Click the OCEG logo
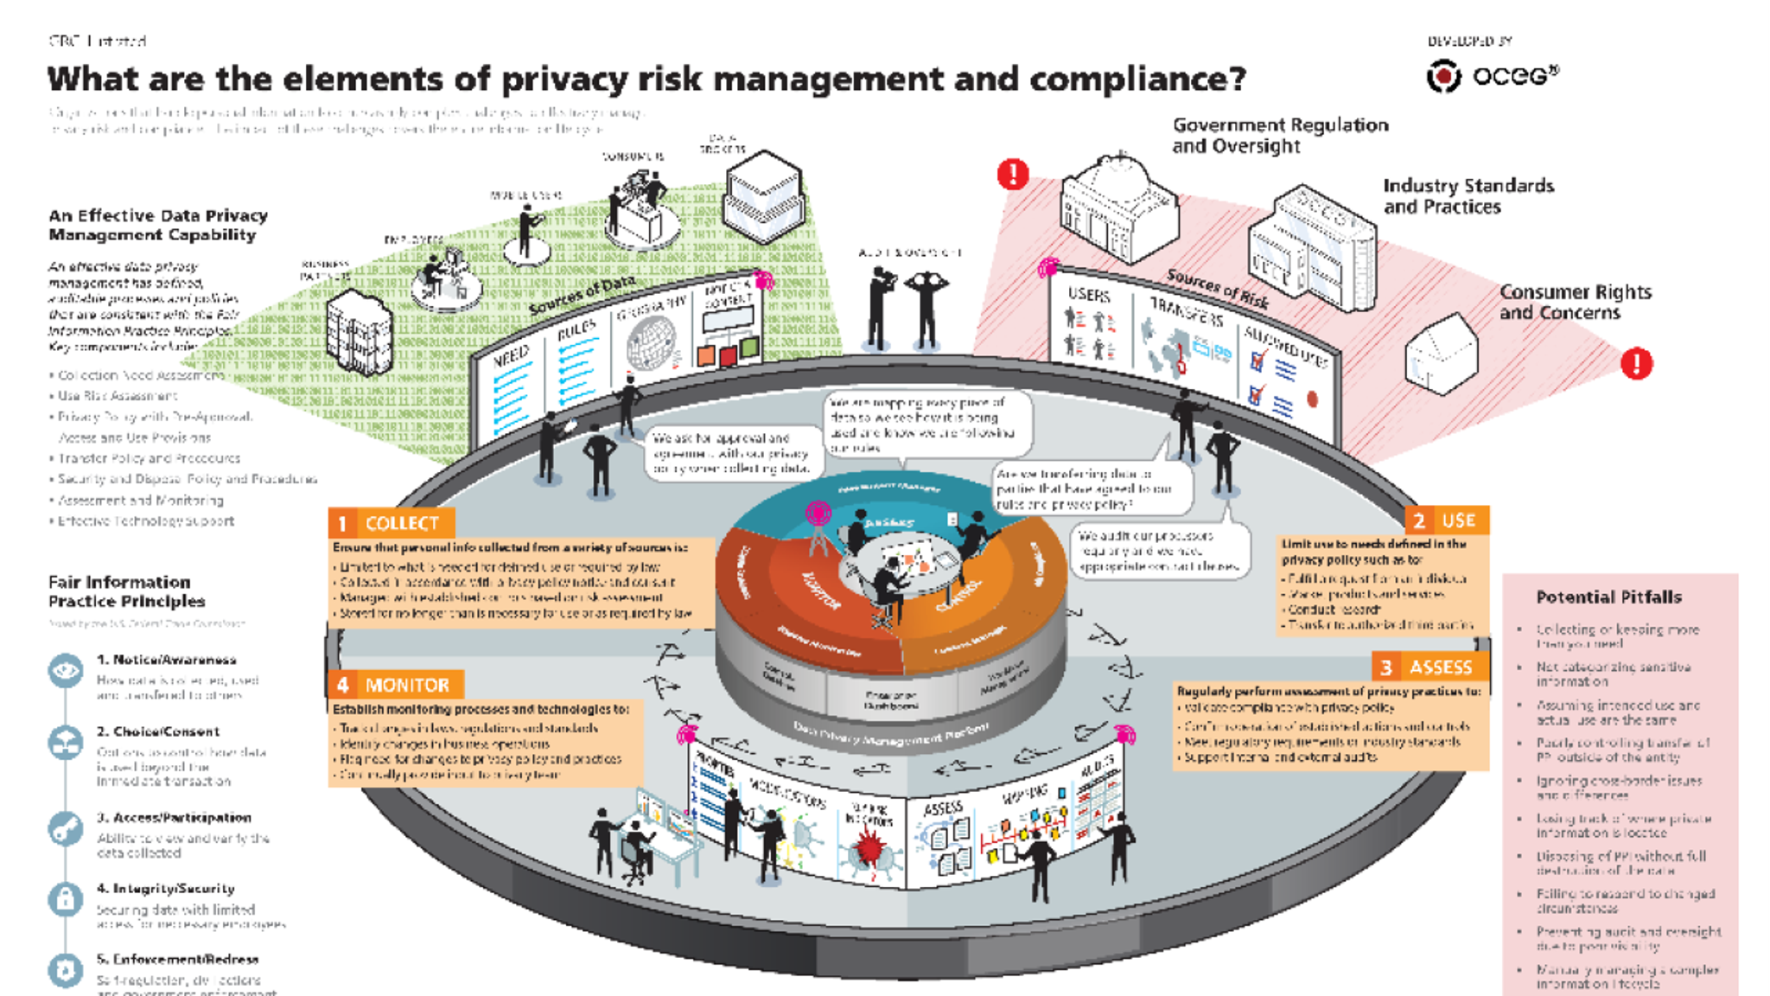(1493, 76)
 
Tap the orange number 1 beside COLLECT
(342, 523)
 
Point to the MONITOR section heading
(406, 686)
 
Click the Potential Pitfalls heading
(1608, 597)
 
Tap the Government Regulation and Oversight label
(1279, 136)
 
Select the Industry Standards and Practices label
(1468, 196)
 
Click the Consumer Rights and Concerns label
(1575, 302)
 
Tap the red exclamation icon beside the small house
(1635, 363)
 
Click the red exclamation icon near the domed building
(1013, 175)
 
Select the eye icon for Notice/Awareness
(66, 671)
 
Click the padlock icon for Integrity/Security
(66, 899)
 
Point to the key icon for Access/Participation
(66, 828)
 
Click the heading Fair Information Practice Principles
(126, 591)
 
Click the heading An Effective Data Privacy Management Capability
(158, 225)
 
